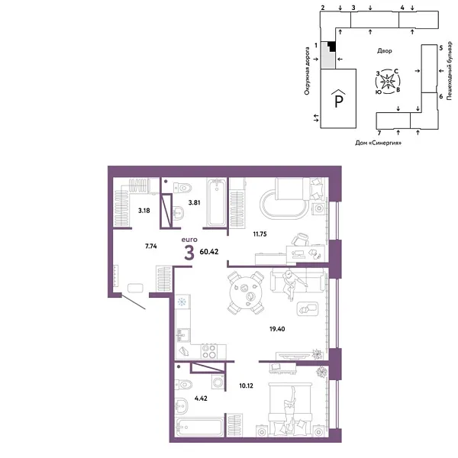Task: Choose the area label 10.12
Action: coord(244,386)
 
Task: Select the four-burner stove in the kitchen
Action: coord(208,351)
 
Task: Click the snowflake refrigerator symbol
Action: coord(183,302)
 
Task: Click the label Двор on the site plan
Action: coord(385,51)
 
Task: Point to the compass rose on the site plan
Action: coord(388,79)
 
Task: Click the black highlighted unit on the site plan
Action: coord(327,47)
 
